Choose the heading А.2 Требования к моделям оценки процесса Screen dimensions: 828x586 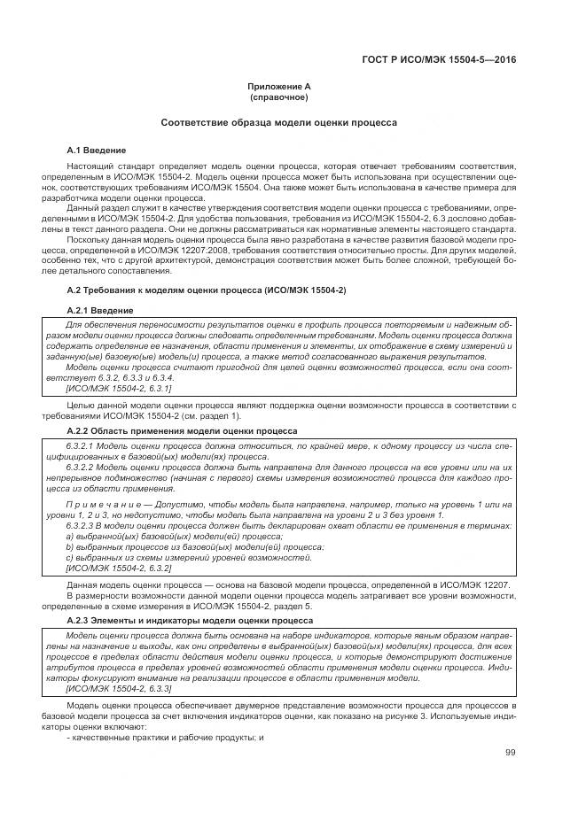tap(207, 290)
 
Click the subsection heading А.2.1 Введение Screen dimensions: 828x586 tap(100, 311)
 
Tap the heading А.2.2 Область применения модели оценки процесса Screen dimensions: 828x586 tap(182, 429)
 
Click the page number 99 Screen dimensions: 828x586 tap(511, 752)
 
